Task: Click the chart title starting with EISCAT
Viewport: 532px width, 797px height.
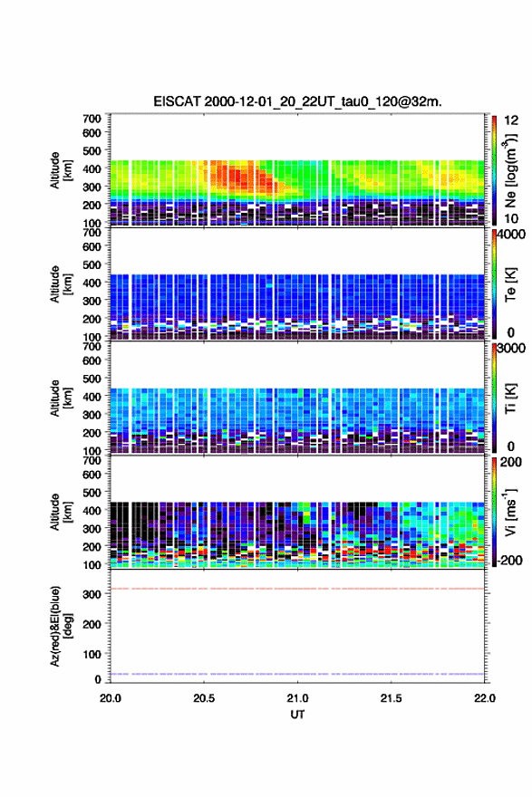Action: coord(297,101)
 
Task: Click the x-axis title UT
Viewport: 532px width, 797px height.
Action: coord(297,715)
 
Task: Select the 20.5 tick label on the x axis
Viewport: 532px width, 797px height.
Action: coord(204,698)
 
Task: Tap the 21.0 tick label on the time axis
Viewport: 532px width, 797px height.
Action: coord(297,698)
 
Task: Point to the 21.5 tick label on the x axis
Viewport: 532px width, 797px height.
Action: coord(392,698)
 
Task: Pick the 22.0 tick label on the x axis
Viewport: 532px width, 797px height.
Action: coord(484,698)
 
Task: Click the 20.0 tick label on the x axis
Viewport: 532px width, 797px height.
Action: coord(111,698)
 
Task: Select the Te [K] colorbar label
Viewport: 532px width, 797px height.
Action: coord(510,284)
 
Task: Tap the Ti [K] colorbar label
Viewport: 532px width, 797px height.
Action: coord(510,398)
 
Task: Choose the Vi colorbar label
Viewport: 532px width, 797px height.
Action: coord(510,512)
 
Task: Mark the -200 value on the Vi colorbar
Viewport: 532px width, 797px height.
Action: coord(509,560)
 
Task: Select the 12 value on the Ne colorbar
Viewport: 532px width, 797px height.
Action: coord(511,120)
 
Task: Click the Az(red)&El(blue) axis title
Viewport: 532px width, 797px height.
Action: coord(61,626)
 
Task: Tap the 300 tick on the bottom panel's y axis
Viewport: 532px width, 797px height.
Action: coord(92,594)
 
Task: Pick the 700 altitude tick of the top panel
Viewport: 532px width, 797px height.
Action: coord(92,119)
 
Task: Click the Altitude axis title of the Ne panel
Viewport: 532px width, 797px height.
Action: coord(61,170)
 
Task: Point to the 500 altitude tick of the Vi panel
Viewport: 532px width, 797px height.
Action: coord(92,492)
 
